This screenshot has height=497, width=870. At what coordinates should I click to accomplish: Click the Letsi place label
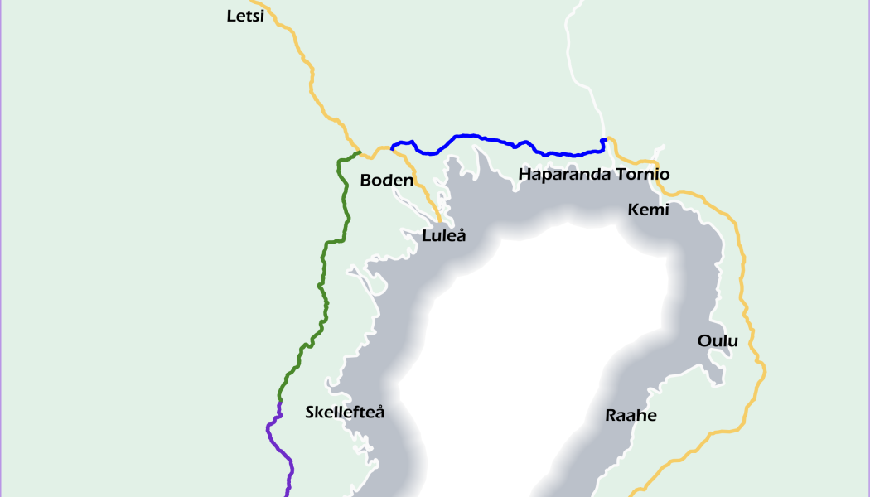[x=245, y=16]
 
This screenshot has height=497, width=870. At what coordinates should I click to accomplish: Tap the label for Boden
[x=387, y=180]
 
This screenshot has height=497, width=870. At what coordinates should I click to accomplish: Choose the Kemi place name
[x=648, y=210]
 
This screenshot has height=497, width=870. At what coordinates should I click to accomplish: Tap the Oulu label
[x=717, y=340]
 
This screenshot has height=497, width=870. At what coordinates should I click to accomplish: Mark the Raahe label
[x=631, y=415]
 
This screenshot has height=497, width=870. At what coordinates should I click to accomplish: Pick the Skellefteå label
[x=345, y=412]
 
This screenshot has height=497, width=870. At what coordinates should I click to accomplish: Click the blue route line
[x=497, y=140]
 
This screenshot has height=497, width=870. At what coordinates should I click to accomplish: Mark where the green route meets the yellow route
[x=360, y=152]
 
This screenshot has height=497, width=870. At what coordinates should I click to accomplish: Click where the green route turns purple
[x=280, y=402]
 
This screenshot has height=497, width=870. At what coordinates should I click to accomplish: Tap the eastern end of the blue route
[x=606, y=139]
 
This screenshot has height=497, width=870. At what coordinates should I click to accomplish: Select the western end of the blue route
[x=392, y=150]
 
